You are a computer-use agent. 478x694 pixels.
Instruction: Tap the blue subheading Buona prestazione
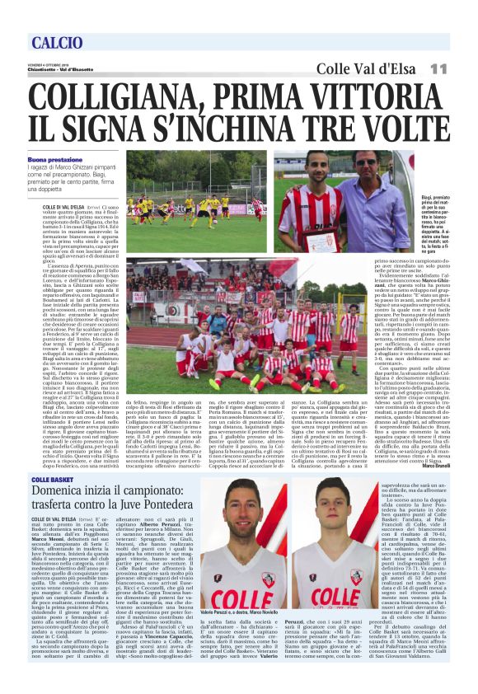55,159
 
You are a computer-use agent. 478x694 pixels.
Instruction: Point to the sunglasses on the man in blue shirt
366,162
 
